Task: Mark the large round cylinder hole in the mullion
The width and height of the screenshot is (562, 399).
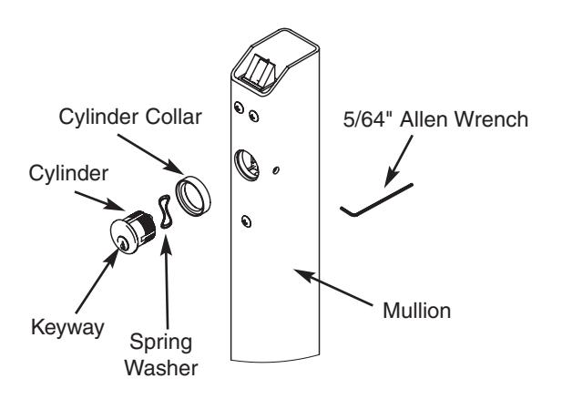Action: pos(249,164)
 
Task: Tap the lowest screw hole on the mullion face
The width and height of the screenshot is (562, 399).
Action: pos(245,219)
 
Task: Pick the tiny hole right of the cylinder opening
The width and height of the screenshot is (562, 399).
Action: pos(278,168)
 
